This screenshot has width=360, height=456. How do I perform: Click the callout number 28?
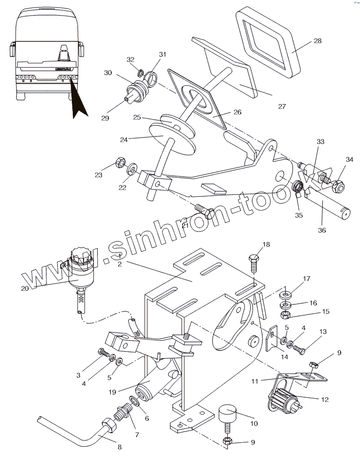pyautogui.click(x=318, y=41)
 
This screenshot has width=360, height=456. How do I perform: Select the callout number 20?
pyautogui.click(x=25, y=288)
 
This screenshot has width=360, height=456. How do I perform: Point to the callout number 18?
pyautogui.click(x=266, y=244)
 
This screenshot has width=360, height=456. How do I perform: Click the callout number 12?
pyautogui.click(x=325, y=400)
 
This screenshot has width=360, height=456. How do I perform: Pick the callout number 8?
pyautogui.click(x=119, y=447)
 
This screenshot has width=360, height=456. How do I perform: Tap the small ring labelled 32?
pyautogui.click(x=141, y=72)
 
